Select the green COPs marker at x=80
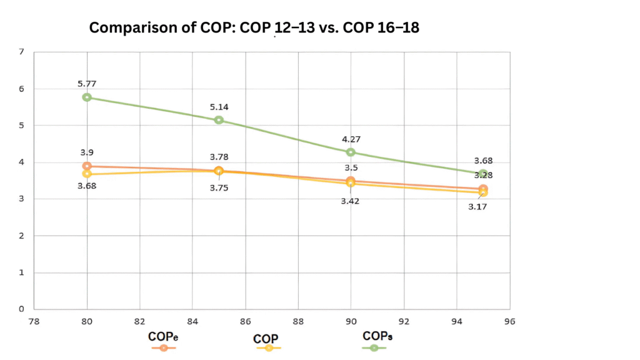coord(87,97)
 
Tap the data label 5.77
coord(87,83)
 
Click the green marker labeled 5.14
coord(219,120)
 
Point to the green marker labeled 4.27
coord(351,152)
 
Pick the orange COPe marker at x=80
coord(87,166)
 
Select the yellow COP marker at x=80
coord(87,174)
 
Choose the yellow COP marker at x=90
coord(351,183)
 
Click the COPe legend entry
coord(163,337)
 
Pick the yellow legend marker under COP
coord(269,348)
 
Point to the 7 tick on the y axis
coord(21,52)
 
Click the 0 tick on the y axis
coord(21,309)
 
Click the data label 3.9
coord(87,152)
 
